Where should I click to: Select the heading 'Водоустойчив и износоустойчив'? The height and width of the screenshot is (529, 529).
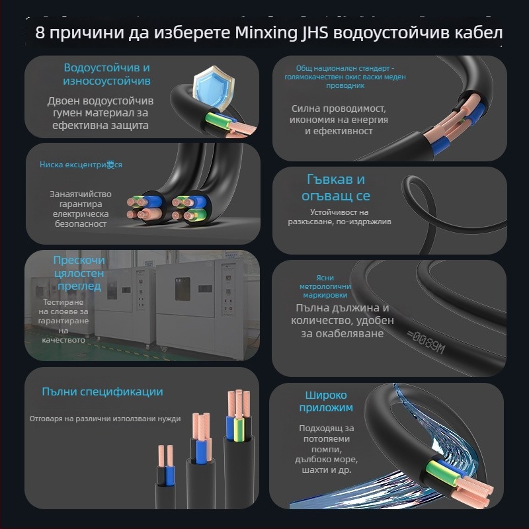coord(106,74)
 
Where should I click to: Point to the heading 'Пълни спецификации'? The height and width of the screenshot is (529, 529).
coord(102,392)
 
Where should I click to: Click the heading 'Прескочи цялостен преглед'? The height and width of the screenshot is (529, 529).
coord(78,273)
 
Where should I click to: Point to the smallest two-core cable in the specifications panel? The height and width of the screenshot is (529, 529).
coord(166,473)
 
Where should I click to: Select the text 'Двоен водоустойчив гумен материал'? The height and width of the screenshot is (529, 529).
coord(100,107)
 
